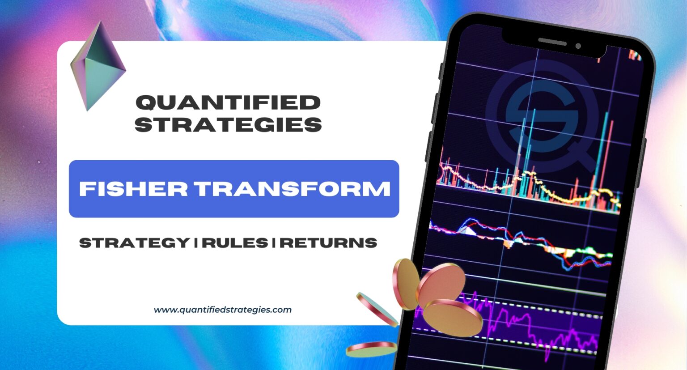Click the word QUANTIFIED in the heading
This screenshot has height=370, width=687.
pyautogui.click(x=228, y=102)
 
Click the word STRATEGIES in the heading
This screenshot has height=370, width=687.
pyautogui.click(x=228, y=124)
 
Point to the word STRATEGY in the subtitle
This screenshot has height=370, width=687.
pyautogui.click(x=135, y=243)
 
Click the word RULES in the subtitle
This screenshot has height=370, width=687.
pyautogui.click(x=235, y=243)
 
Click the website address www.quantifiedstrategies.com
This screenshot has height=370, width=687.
pyautogui.click(x=222, y=310)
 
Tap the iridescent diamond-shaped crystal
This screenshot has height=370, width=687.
pyautogui.click(x=98, y=66)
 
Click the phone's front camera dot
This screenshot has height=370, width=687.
pyautogui.click(x=578, y=46)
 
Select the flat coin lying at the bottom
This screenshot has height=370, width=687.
pyautogui.click(x=371, y=349)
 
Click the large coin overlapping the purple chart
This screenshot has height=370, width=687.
pyautogui.click(x=453, y=317)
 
